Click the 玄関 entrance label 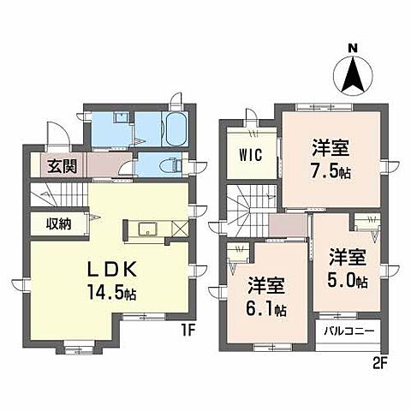[x=59, y=166]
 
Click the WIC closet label [x=252, y=156]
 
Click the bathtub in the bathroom [x=174, y=129]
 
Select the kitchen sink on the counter [x=145, y=229]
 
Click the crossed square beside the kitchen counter [x=177, y=229]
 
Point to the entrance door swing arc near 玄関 [x=56, y=135]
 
